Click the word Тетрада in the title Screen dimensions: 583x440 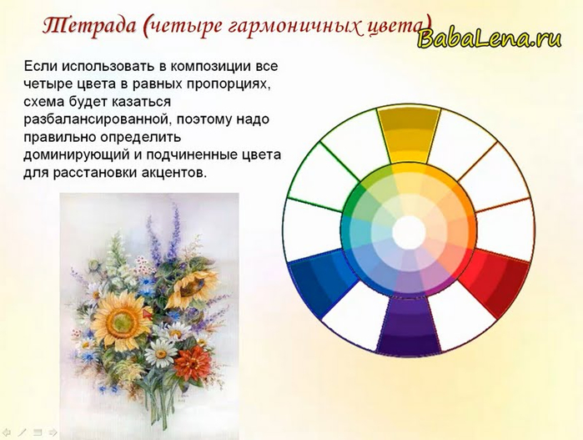tap(89, 26)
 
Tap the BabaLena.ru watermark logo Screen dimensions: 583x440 tap(490, 38)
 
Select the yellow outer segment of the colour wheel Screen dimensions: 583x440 tap(409, 134)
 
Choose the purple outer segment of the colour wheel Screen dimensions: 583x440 tap(408, 325)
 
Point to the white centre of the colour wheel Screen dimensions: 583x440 tap(409, 231)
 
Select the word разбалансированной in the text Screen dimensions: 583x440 tap(94, 119)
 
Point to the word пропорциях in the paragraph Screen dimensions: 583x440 tap(227, 84)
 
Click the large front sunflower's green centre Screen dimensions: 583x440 tap(121, 320)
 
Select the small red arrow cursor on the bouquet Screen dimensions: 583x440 tap(148, 313)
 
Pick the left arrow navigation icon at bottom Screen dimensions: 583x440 tap(7, 432)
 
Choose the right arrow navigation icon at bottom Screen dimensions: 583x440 tap(53, 432)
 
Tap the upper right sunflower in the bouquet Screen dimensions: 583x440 tap(193, 286)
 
